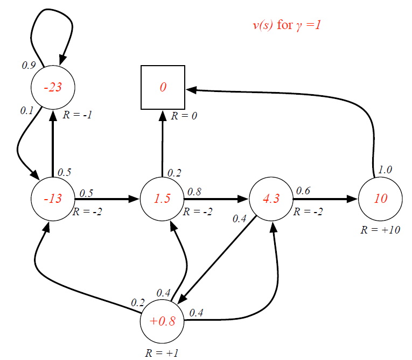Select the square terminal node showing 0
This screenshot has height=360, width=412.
(x=163, y=87)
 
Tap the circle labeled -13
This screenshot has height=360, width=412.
(x=53, y=198)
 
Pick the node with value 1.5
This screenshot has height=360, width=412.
(x=162, y=198)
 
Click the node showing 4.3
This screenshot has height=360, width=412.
(x=271, y=198)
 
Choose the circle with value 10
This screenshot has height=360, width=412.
(x=380, y=198)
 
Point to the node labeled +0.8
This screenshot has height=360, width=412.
(x=162, y=322)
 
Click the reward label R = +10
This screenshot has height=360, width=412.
(x=380, y=230)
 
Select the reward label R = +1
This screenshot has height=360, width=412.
(x=162, y=353)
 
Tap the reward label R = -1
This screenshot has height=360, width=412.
(x=76, y=115)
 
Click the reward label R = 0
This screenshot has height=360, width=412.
(x=184, y=116)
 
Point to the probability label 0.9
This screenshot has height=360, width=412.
(x=28, y=66)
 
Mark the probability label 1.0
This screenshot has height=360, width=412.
(x=385, y=169)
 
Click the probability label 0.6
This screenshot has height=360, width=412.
(x=303, y=190)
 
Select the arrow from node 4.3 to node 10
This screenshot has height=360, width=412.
(x=325, y=199)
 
